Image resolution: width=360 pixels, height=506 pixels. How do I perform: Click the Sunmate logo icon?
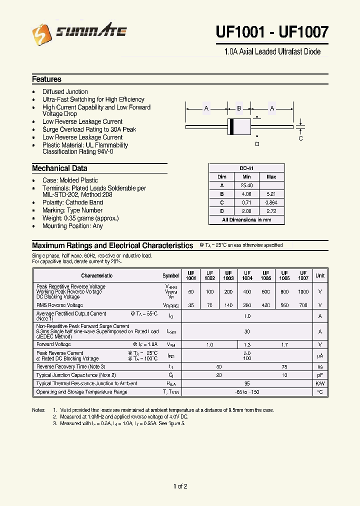click(x=41, y=33)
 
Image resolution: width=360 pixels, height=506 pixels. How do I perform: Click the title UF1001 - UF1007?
click(x=272, y=32)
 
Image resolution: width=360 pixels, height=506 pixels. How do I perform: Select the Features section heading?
click(x=46, y=79)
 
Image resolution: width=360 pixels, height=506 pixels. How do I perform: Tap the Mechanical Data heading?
click(x=59, y=168)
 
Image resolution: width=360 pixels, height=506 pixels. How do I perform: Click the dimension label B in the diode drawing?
click(x=239, y=108)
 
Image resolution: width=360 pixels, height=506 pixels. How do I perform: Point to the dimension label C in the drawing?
click(x=300, y=138)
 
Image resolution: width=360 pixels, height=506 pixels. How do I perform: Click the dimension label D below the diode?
click(x=257, y=144)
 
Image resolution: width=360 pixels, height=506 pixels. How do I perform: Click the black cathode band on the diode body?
click(x=231, y=126)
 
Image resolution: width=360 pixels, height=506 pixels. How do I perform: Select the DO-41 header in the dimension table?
click(x=246, y=168)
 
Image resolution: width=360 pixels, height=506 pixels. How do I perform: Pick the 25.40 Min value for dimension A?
click(x=246, y=185)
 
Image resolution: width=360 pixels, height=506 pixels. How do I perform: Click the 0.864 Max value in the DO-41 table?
click(x=271, y=202)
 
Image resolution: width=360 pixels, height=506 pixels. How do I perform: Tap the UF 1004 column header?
click(x=247, y=275)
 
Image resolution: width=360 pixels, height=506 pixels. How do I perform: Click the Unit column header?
click(x=320, y=275)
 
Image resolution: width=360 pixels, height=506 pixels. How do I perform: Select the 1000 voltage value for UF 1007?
click(x=303, y=291)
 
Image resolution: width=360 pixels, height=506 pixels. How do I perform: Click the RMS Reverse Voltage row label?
click(x=59, y=305)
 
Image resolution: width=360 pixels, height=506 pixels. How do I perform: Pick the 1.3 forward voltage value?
click(x=247, y=344)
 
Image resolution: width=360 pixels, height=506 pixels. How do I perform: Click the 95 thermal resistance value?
click(x=247, y=383)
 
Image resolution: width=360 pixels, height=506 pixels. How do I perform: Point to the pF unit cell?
click(x=320, y=375)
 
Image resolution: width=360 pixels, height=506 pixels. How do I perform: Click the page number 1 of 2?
click(x=180, y=486)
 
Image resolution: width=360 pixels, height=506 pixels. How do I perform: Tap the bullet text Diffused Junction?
click(x=65, y=92)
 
